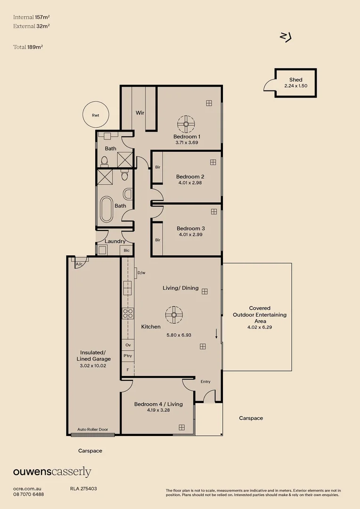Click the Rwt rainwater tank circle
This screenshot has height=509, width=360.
point(96,115)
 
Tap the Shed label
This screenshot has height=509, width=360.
point(295,80)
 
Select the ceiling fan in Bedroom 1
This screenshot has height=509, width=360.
point(186,124)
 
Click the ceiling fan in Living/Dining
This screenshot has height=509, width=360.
point(174,314)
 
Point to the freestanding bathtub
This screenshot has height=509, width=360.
point(106,209)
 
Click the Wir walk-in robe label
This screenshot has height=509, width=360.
point(140,113)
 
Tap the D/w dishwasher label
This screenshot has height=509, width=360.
point(140,272)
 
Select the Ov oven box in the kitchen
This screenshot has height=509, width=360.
point(128,345)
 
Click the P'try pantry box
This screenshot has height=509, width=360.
point(128,356)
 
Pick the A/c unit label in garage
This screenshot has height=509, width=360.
point(80,264)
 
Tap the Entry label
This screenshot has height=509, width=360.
point(205,381)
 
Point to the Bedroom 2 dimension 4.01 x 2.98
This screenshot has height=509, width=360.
point(190,183)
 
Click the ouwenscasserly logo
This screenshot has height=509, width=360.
point(52,472)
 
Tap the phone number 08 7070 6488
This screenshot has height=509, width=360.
point(29,494)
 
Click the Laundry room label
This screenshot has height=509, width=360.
point(115,241)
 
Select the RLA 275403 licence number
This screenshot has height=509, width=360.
point(83,489)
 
